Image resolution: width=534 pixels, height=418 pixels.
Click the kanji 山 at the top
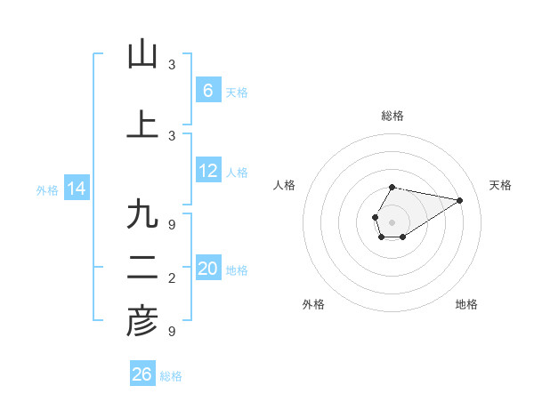[x=142, y=54]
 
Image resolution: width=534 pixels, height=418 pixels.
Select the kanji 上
[x=142, y=124]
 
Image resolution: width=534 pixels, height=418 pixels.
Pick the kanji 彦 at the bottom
[x=142, y=321]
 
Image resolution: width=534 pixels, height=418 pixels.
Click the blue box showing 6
[x=208, y=91]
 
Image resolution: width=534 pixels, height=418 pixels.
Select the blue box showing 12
[x=208, y=172]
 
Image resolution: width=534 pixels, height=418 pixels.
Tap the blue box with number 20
[x=208, y=269]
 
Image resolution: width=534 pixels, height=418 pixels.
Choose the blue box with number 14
[x=77, y=189]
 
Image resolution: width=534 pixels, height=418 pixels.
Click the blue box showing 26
[x=142, y=374]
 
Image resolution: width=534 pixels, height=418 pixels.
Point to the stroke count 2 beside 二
[x=172, y=279]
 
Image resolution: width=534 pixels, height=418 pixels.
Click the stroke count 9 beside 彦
[x=172, y=332]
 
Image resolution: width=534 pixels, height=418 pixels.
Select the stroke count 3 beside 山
[x=172, y=65]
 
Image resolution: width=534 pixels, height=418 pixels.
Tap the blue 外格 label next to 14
[x=46, y=190]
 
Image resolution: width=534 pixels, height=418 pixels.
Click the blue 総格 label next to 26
[x=171, y=376]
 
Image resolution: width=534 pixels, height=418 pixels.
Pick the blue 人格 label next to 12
[x=237, y=173]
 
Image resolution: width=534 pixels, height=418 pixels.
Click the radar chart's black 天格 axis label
[x=501, y=185]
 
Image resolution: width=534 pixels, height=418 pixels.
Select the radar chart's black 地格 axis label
[x=466, y=304]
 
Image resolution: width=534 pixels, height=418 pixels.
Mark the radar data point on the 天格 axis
[x=459, y=200]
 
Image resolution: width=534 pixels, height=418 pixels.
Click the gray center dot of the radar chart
[x=392, y=221]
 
